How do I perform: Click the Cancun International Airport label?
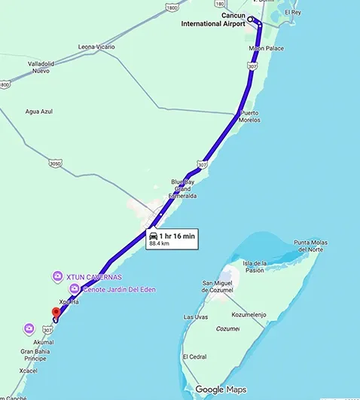coord(213,20)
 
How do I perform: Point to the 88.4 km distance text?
coord(160,244)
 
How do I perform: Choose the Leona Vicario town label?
coord(96,47)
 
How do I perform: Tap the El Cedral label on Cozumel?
coord(193,356)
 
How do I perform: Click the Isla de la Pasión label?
coord(254,266)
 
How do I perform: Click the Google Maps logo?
coord(220,389)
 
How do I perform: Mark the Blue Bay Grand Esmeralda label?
coord(182,188)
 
